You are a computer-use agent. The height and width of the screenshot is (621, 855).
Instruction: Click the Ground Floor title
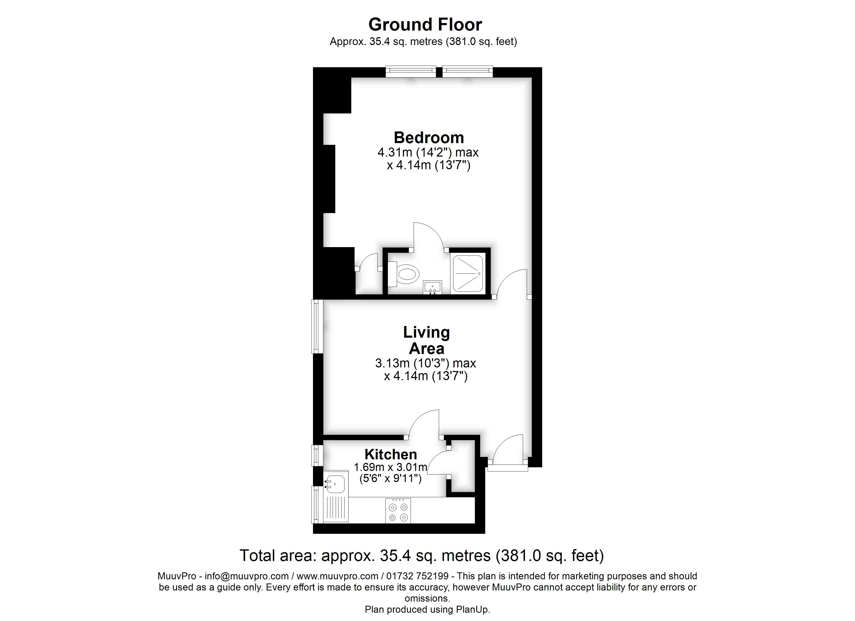point(425,25)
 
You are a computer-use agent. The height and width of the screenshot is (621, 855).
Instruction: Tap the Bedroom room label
point(429,138)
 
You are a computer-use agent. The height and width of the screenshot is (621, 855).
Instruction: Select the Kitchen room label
point(390,455)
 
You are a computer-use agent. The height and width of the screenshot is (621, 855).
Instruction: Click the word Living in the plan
point(426,332)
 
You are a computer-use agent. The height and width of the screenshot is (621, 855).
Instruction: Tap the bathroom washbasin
point(432,287)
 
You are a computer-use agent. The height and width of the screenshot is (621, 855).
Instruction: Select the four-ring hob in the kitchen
point(398,511)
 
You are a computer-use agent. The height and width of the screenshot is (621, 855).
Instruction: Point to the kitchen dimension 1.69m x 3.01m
point(390,467)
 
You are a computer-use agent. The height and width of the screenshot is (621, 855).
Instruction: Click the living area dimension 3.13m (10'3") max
point(426,363)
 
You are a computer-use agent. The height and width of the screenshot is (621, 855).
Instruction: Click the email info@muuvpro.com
point(247,576)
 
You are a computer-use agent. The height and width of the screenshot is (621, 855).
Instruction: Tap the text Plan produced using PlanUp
point(427,610)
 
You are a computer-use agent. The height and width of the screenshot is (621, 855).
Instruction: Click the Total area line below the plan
point(422,556)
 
